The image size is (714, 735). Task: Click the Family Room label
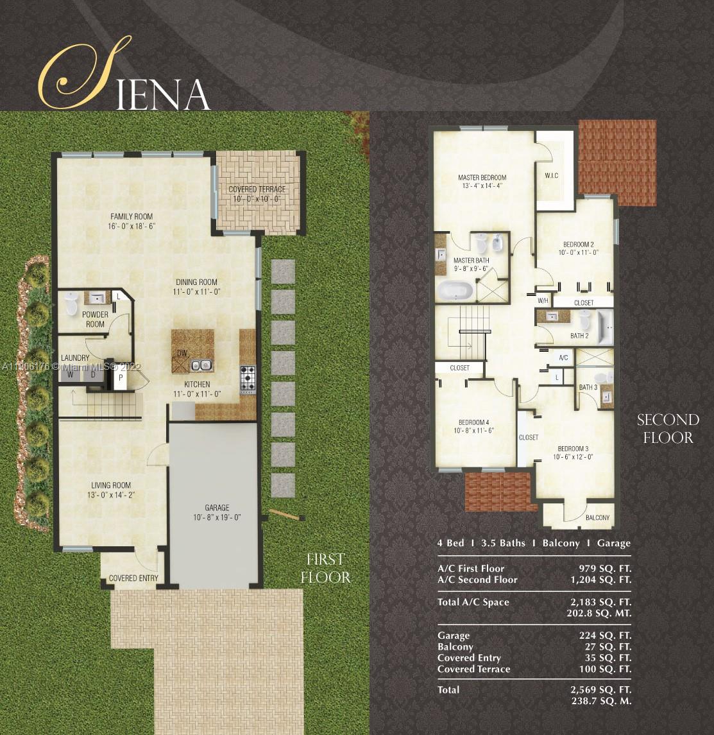(x=132, y=216)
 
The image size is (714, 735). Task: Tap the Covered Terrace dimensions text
(x=257, y=199)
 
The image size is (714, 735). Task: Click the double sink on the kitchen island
(x=202, y=365)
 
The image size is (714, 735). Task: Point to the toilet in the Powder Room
(x=71, y=304)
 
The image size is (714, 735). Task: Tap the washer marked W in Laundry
(x=71, y=374)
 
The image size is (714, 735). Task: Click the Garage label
(x=217, y=508)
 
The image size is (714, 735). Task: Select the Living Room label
(x=111, y=485)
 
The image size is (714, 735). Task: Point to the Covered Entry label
(x=133, y=578)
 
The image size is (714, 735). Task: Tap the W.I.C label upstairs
(x=552, y=176)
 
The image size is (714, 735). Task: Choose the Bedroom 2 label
(x=579, y=244)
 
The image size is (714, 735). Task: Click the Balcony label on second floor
(x=597, y=517)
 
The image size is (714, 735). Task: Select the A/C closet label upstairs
(x=564, y=358)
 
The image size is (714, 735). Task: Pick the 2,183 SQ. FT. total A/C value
(x=601, y=602)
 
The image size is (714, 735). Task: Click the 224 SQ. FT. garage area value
(x=606, y=636)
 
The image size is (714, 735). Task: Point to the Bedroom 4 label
(x=473, y=422)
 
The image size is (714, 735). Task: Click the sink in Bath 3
(x=606, y=397)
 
